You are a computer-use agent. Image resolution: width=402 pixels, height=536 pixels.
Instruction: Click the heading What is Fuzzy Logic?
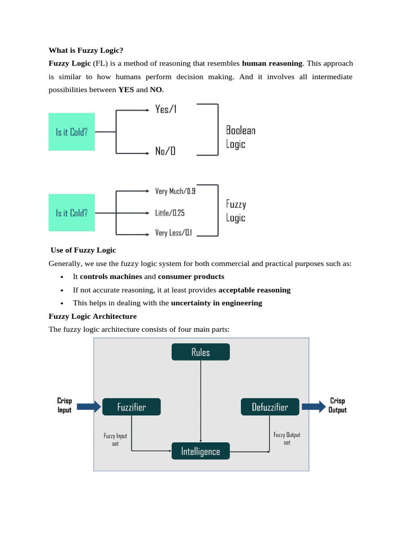point(86,50)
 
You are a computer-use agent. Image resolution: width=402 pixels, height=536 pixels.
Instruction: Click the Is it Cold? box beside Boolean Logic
point(72,132)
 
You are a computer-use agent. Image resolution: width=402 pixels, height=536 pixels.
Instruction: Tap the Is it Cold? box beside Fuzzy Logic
point(72,213)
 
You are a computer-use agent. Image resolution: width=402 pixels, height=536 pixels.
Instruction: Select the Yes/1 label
point(165,109)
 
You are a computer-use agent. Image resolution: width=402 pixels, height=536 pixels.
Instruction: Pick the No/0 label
point(165,151)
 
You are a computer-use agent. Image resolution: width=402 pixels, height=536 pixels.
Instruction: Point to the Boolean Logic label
point(240,137)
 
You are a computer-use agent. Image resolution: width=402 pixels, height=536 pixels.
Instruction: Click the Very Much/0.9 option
point(175,191)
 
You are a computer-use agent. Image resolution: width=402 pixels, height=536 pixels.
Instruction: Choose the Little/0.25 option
point(170,213)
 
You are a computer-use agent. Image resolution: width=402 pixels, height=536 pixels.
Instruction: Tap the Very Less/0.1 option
point(173,233)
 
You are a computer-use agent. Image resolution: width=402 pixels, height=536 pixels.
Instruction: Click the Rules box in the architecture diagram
point(200,352)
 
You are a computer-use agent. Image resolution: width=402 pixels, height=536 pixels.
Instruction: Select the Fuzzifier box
point(131,407)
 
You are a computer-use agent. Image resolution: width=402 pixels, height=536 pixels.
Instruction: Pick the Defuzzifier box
point(270,407)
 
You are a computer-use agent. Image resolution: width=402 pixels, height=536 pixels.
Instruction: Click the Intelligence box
point(200,451)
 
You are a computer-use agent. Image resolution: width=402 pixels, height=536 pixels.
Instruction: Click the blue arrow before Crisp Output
point(314,406)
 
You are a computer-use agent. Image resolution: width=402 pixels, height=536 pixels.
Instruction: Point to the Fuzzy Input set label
point(115,440)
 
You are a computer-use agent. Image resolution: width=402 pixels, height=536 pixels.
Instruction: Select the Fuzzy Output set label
point(287,439)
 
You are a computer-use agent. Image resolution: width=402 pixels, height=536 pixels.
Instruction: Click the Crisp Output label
point(337,406)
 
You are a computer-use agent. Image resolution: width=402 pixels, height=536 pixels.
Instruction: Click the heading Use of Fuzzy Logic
point(83,250)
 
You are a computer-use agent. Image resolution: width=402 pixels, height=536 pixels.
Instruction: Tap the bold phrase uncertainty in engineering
point(216,303)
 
